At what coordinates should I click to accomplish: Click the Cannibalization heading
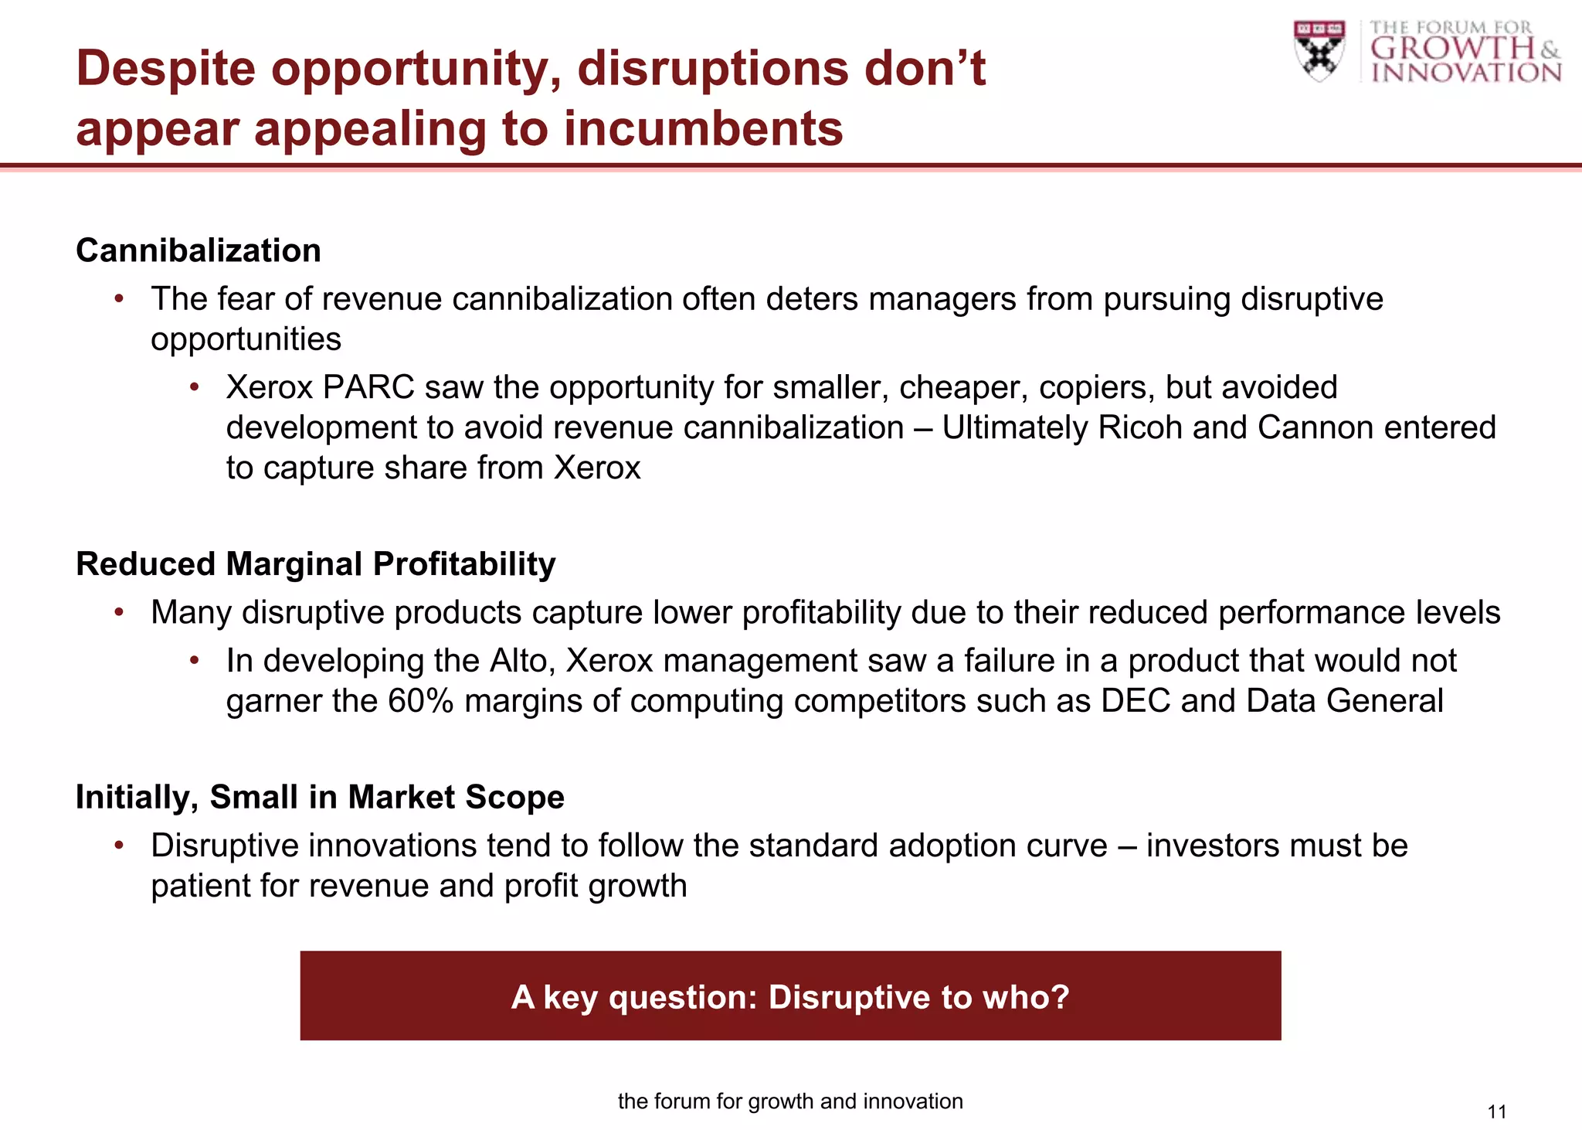click(199, 251)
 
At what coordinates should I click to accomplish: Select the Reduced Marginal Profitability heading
click(315, 564)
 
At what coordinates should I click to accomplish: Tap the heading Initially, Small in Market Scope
click(320, 798)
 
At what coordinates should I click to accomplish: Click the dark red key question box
click(790, 996)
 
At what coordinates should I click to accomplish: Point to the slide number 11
click(1496, 1112)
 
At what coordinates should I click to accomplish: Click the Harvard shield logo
click(1319, 51)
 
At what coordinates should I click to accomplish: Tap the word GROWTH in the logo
click(1452, 49)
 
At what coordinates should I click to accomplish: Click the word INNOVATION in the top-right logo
click(1465, 73)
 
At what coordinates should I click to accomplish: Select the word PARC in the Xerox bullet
click(368, 388)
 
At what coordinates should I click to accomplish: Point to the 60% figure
click(420, 702)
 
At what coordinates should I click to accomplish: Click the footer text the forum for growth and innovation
click(790, 1101)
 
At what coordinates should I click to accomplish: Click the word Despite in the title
click(166, 69)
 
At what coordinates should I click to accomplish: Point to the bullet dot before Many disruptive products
click(119, 613)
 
